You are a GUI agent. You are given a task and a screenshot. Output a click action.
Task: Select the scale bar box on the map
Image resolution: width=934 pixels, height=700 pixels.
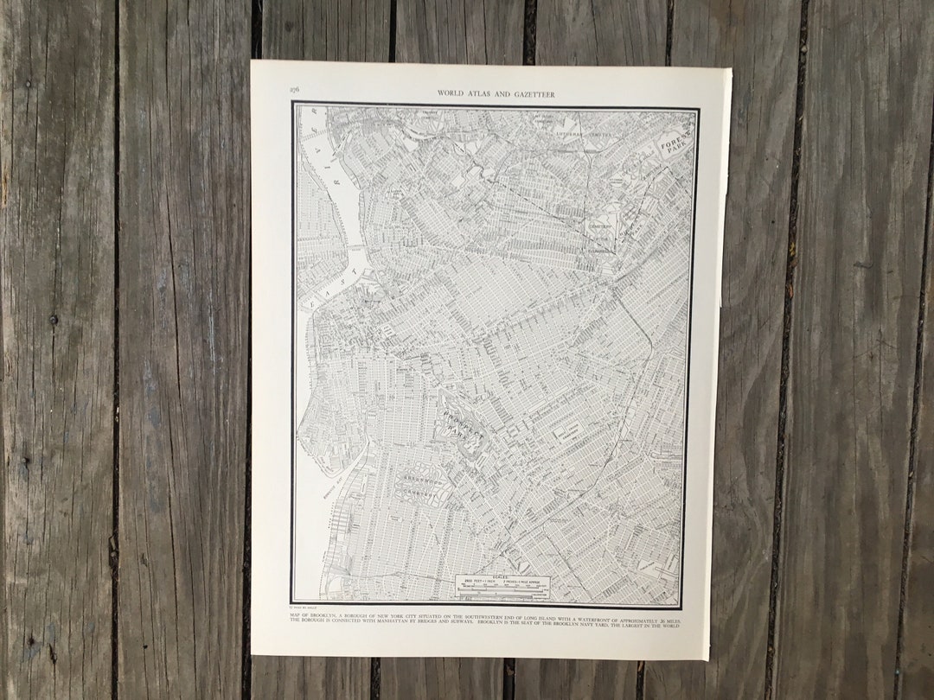point(502,586)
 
